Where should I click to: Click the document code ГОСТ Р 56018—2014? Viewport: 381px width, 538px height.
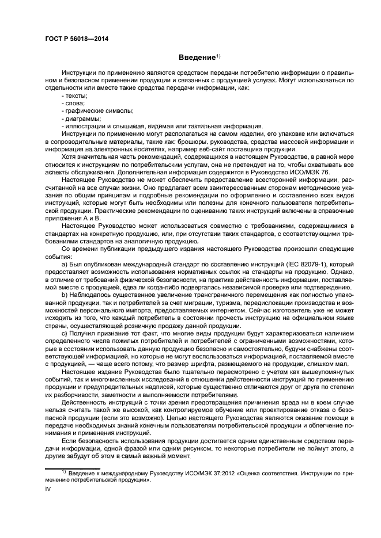pyautogui.click(x=76, y=39)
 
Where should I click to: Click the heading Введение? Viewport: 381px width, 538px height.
pyautogui.click(x=195, y=58)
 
